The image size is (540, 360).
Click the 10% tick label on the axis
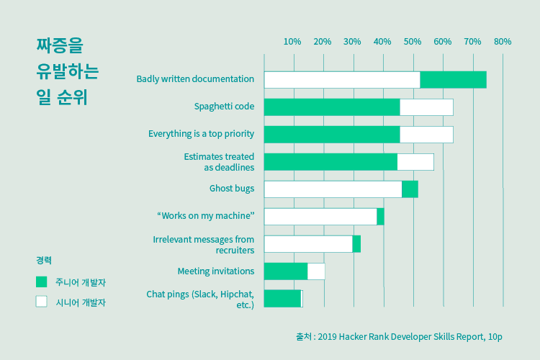click(x=292, y=42)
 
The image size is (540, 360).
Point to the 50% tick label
click(x=412, y=42)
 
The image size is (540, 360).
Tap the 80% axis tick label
click(x=502, y=42)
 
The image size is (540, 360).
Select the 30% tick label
click(x=352, y=42)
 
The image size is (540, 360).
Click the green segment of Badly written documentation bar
click(x=453, y=80)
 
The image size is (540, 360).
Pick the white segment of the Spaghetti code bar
click(x=426, y=107)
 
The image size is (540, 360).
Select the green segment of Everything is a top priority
click(x=332, y=135)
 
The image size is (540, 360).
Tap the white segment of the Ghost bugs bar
click(x=333, y=189)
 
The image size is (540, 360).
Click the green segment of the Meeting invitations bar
click(x=286, y=271)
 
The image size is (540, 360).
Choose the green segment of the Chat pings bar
click(x=282, y=299)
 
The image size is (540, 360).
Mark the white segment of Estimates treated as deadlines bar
click(x=415, y=162)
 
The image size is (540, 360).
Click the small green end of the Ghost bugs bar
click(x=410, y=189)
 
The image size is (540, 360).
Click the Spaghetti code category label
click(x=224, y=107)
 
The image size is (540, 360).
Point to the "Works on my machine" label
click(x=205, y=216)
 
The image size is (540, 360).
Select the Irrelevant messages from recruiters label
click(x=204, y=245)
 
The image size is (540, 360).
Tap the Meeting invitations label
click(x=215, y=271)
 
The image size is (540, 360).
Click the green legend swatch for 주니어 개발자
click(x=42, y=282)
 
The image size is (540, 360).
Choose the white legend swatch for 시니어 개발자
click(x=42, y=302)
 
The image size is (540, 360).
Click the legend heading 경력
click(x=44, y=260)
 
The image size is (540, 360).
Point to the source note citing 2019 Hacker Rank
click(x=399, y=336)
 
